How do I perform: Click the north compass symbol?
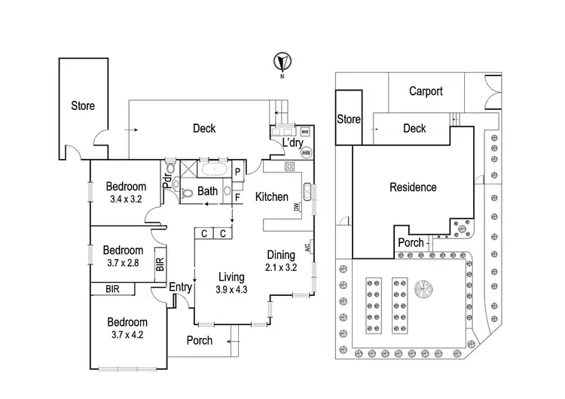point(282,61)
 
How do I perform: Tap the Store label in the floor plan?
point(83,106)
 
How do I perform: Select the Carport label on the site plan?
point(426,92)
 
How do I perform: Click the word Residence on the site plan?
point(412,187)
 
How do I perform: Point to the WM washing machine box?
point(305,132)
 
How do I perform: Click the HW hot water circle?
point(306,153)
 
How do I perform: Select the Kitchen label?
point(271,197)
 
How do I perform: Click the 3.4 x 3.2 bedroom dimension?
point(125,200)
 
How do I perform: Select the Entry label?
point(181,287)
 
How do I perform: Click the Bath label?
point(208,192)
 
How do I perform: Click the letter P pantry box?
point(237,172)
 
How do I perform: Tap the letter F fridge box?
point(237,197)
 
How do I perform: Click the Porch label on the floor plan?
point(199,341)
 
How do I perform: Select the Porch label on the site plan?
point(411,242)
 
